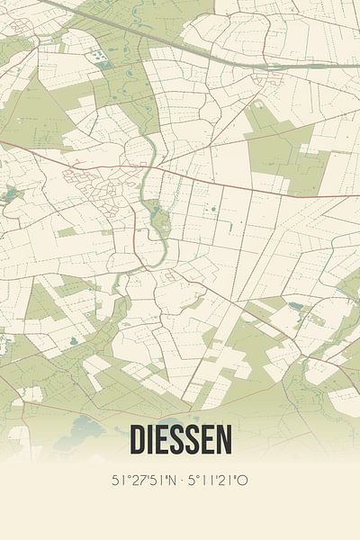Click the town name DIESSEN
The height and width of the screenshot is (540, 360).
point(180,439)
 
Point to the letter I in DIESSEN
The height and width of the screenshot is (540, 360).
point(151,439)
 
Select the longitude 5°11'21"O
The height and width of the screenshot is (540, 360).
point(220,480)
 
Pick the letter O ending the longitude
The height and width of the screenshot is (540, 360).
point(243,480)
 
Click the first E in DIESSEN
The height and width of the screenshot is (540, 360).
point(164,439)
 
